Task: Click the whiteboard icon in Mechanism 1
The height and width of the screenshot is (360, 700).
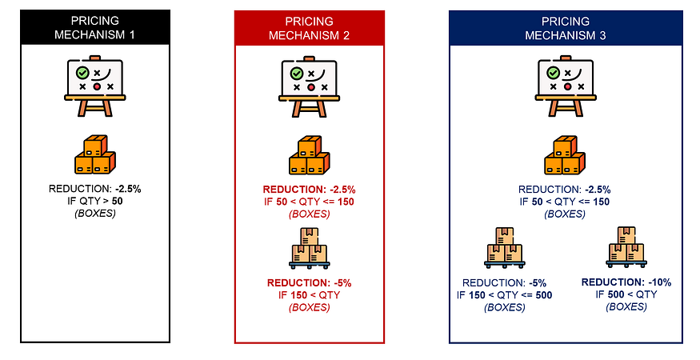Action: click(96, 82)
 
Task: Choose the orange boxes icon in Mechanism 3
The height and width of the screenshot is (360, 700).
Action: click(566, 155)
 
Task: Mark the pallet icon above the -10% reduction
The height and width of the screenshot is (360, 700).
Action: click(627, 247)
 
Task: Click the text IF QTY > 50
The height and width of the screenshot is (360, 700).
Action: click(95, 202)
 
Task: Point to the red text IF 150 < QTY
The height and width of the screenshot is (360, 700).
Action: click(310, 295)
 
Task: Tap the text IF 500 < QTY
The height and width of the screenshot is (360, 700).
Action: click(627, 294)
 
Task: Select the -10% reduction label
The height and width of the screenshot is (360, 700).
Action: click(626, 282)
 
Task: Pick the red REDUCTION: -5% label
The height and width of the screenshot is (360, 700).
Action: click(310, 283)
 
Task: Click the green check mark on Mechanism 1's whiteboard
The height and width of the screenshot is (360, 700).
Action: click(82, 73)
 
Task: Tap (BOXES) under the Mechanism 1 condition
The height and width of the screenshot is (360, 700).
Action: click(95, 214)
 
